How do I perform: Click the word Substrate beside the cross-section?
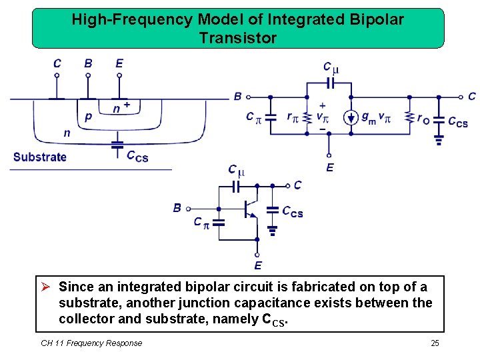[40, 157]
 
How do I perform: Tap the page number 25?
[435, 343]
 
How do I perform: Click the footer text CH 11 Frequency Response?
[91, 343]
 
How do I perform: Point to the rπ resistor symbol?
[307, 118]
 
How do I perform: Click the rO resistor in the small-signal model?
[409, 118]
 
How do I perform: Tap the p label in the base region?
[89, 117]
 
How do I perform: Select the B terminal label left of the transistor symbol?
[177, 208]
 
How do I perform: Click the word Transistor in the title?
[237, 38]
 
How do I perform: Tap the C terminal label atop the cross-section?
[57, 63]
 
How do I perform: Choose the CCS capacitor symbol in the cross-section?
[117, 143]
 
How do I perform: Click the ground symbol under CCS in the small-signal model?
[439, 140]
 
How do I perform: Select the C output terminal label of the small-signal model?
[471, 97]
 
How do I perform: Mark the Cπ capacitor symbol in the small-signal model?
[270, 118]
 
